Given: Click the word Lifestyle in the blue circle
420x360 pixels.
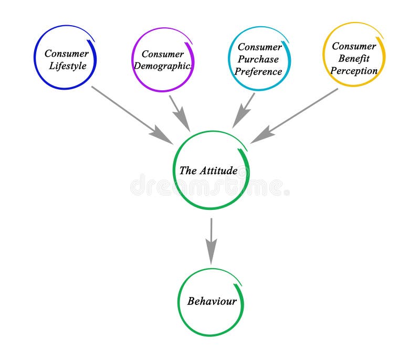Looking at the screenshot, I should [67, 66].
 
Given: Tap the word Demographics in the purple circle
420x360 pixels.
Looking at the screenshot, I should [163, 67].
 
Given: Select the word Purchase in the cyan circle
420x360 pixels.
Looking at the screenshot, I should [258, 59].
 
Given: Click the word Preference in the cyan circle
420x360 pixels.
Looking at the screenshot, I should [258, 72].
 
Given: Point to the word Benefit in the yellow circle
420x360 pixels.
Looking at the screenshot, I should [354, 58].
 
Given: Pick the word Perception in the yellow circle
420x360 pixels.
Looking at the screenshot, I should [354, 71].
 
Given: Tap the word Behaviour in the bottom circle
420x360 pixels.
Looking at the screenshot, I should [212, 301].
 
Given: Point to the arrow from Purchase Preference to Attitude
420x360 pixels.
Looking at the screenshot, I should [244, 110].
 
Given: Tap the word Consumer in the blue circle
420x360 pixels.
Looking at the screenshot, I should [66, 54].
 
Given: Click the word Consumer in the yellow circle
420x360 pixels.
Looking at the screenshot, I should [354, 46].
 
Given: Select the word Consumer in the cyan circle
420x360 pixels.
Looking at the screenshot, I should [259, 47].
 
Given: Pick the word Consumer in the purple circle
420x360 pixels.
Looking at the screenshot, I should [163, 54].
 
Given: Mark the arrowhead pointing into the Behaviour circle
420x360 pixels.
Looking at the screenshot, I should [211, 255].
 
